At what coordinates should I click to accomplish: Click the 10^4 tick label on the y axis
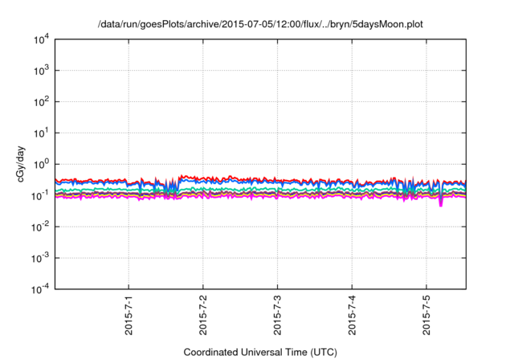pos(39,39)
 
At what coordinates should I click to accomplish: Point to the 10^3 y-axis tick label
pos(39,71)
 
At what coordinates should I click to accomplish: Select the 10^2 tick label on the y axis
pos(39,102)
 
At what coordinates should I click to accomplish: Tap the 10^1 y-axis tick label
pos(39,133)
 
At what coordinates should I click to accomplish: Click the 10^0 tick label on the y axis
pos(39,164)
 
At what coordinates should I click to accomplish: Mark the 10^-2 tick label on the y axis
pos(38,227)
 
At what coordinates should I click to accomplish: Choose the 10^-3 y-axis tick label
pos(38,258)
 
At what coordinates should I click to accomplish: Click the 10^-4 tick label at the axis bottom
pos(38,288)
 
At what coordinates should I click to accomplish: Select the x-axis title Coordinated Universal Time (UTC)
pos(259,352)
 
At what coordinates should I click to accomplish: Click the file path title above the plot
pos(259,25)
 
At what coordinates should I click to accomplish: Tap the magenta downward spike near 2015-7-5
pos(441,203)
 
